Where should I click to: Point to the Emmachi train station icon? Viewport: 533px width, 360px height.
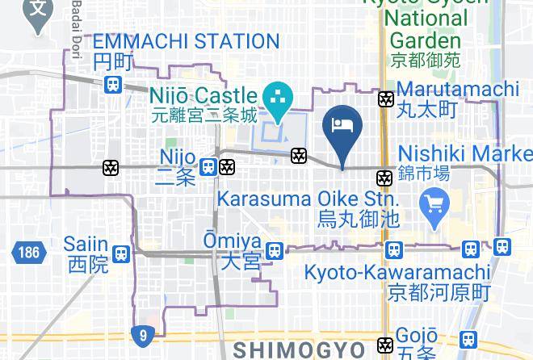tap(114, 83)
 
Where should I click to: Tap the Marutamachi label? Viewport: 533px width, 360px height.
tap(457, 89)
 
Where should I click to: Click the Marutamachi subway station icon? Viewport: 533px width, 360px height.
tap(386, 99)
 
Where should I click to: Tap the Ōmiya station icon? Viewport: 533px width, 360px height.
tap(275, 250)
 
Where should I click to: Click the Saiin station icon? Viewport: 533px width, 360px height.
tap(121, 253)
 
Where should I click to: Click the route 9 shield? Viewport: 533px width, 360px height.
tap(142, 333)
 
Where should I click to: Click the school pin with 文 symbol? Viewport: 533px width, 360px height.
tap(36, 12)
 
